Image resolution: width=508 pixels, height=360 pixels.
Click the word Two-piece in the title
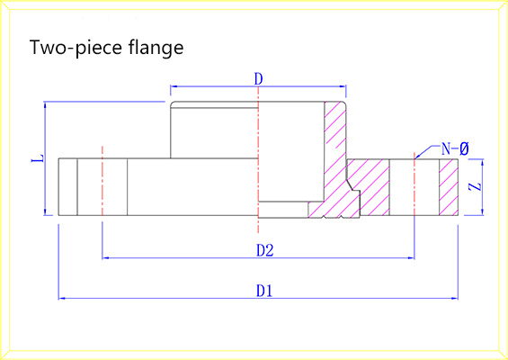tap(76, 48)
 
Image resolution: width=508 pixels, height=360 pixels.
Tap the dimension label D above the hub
tap(258, 79)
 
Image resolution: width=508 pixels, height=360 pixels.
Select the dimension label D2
tap(265, 250)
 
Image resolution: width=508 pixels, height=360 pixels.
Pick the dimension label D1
tap(264, 291)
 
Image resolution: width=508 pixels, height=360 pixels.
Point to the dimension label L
tap(38, 158)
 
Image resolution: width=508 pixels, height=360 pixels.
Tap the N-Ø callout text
tap(455, 148)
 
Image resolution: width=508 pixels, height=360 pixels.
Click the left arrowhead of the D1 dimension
tap(61, 298)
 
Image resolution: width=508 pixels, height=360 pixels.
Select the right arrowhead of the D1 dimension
tap(455, 298)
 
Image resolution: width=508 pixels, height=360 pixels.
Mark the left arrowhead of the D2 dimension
tap(105, 258)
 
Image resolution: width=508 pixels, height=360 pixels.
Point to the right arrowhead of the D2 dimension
tap(411, 258)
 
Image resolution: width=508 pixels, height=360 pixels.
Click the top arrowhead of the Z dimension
tap(483, 162)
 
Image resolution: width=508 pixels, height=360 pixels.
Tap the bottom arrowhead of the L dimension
tap(45, 211)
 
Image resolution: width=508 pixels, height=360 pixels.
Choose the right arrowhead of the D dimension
tap(343, 86)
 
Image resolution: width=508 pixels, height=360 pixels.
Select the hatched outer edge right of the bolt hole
tap(449, 187)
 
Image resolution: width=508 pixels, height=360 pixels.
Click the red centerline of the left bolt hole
tap(102, 181)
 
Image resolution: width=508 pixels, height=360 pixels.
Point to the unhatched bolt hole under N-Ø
tap(414, 187)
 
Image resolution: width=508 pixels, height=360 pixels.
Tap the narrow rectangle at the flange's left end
tap(67, 187)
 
